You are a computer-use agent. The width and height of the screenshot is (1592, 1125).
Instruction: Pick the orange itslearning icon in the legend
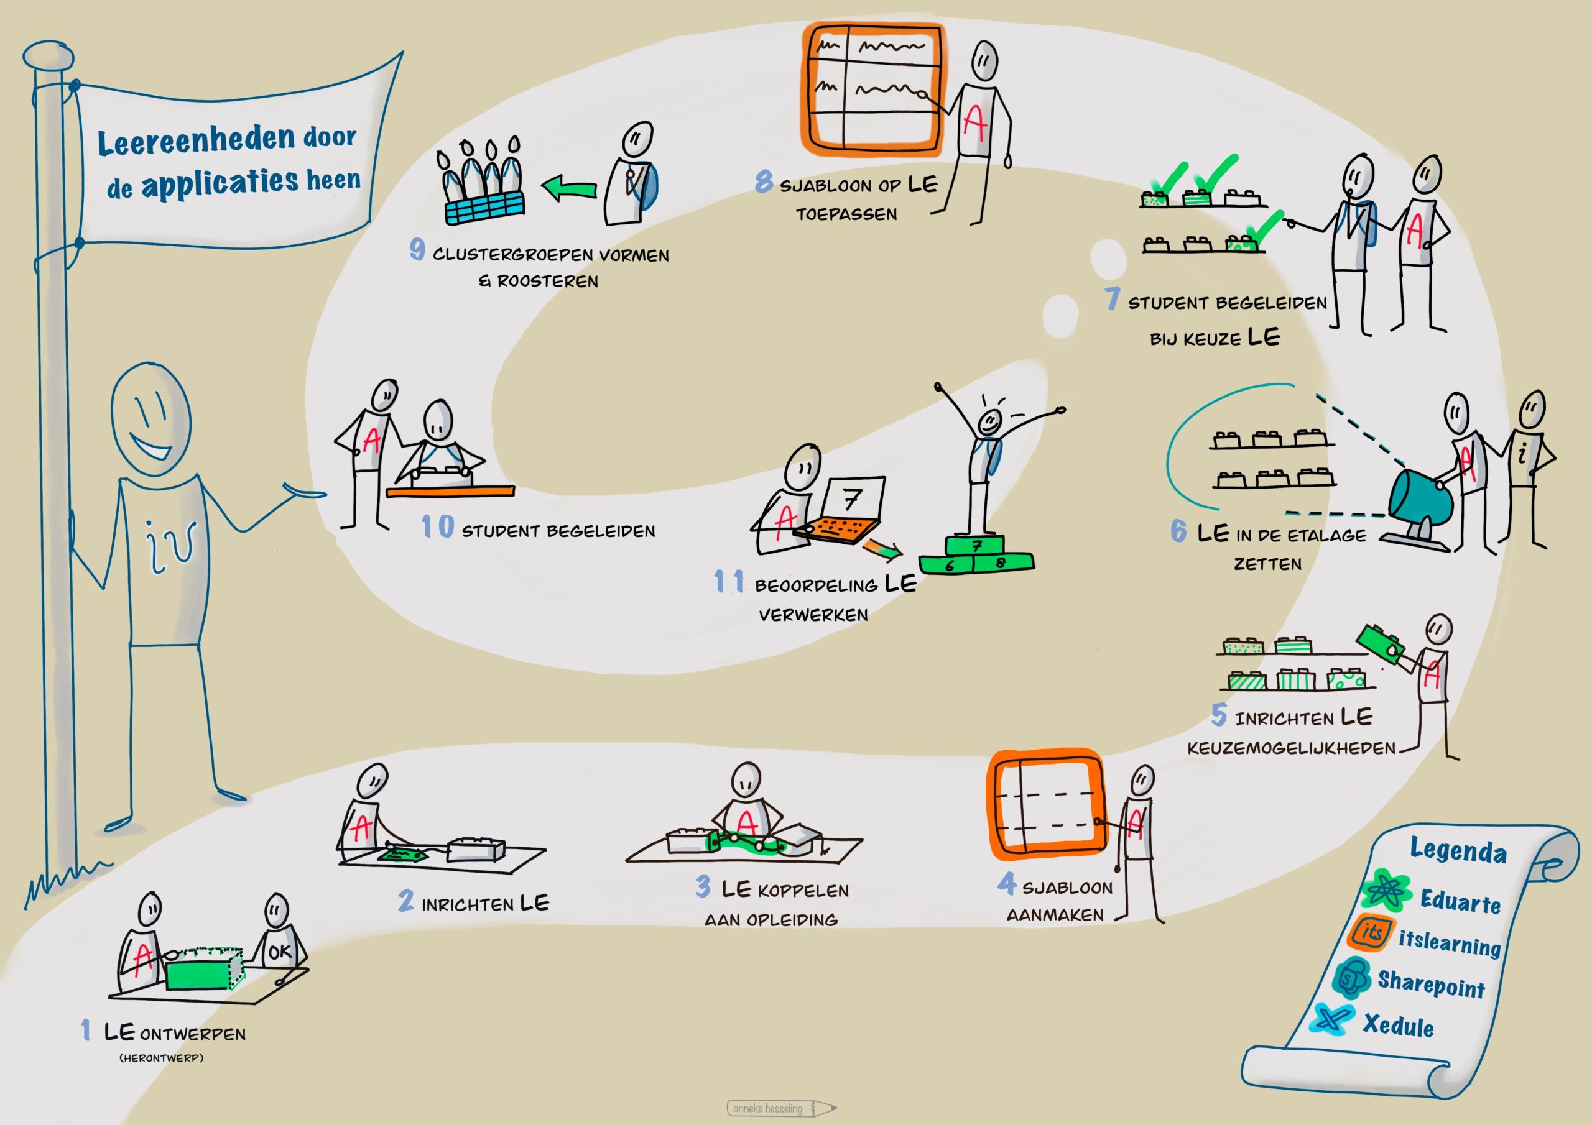1370,933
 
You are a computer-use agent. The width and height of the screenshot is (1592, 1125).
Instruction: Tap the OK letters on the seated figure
279,952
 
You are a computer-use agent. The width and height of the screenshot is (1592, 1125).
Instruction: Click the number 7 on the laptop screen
852,498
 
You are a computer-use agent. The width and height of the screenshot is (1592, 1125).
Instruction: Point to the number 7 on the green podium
976,546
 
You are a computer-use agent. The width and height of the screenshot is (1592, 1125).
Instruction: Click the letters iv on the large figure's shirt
169,547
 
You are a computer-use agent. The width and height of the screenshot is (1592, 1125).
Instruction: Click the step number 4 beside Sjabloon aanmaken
1007,883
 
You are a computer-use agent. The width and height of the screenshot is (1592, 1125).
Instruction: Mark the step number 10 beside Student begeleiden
438,527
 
